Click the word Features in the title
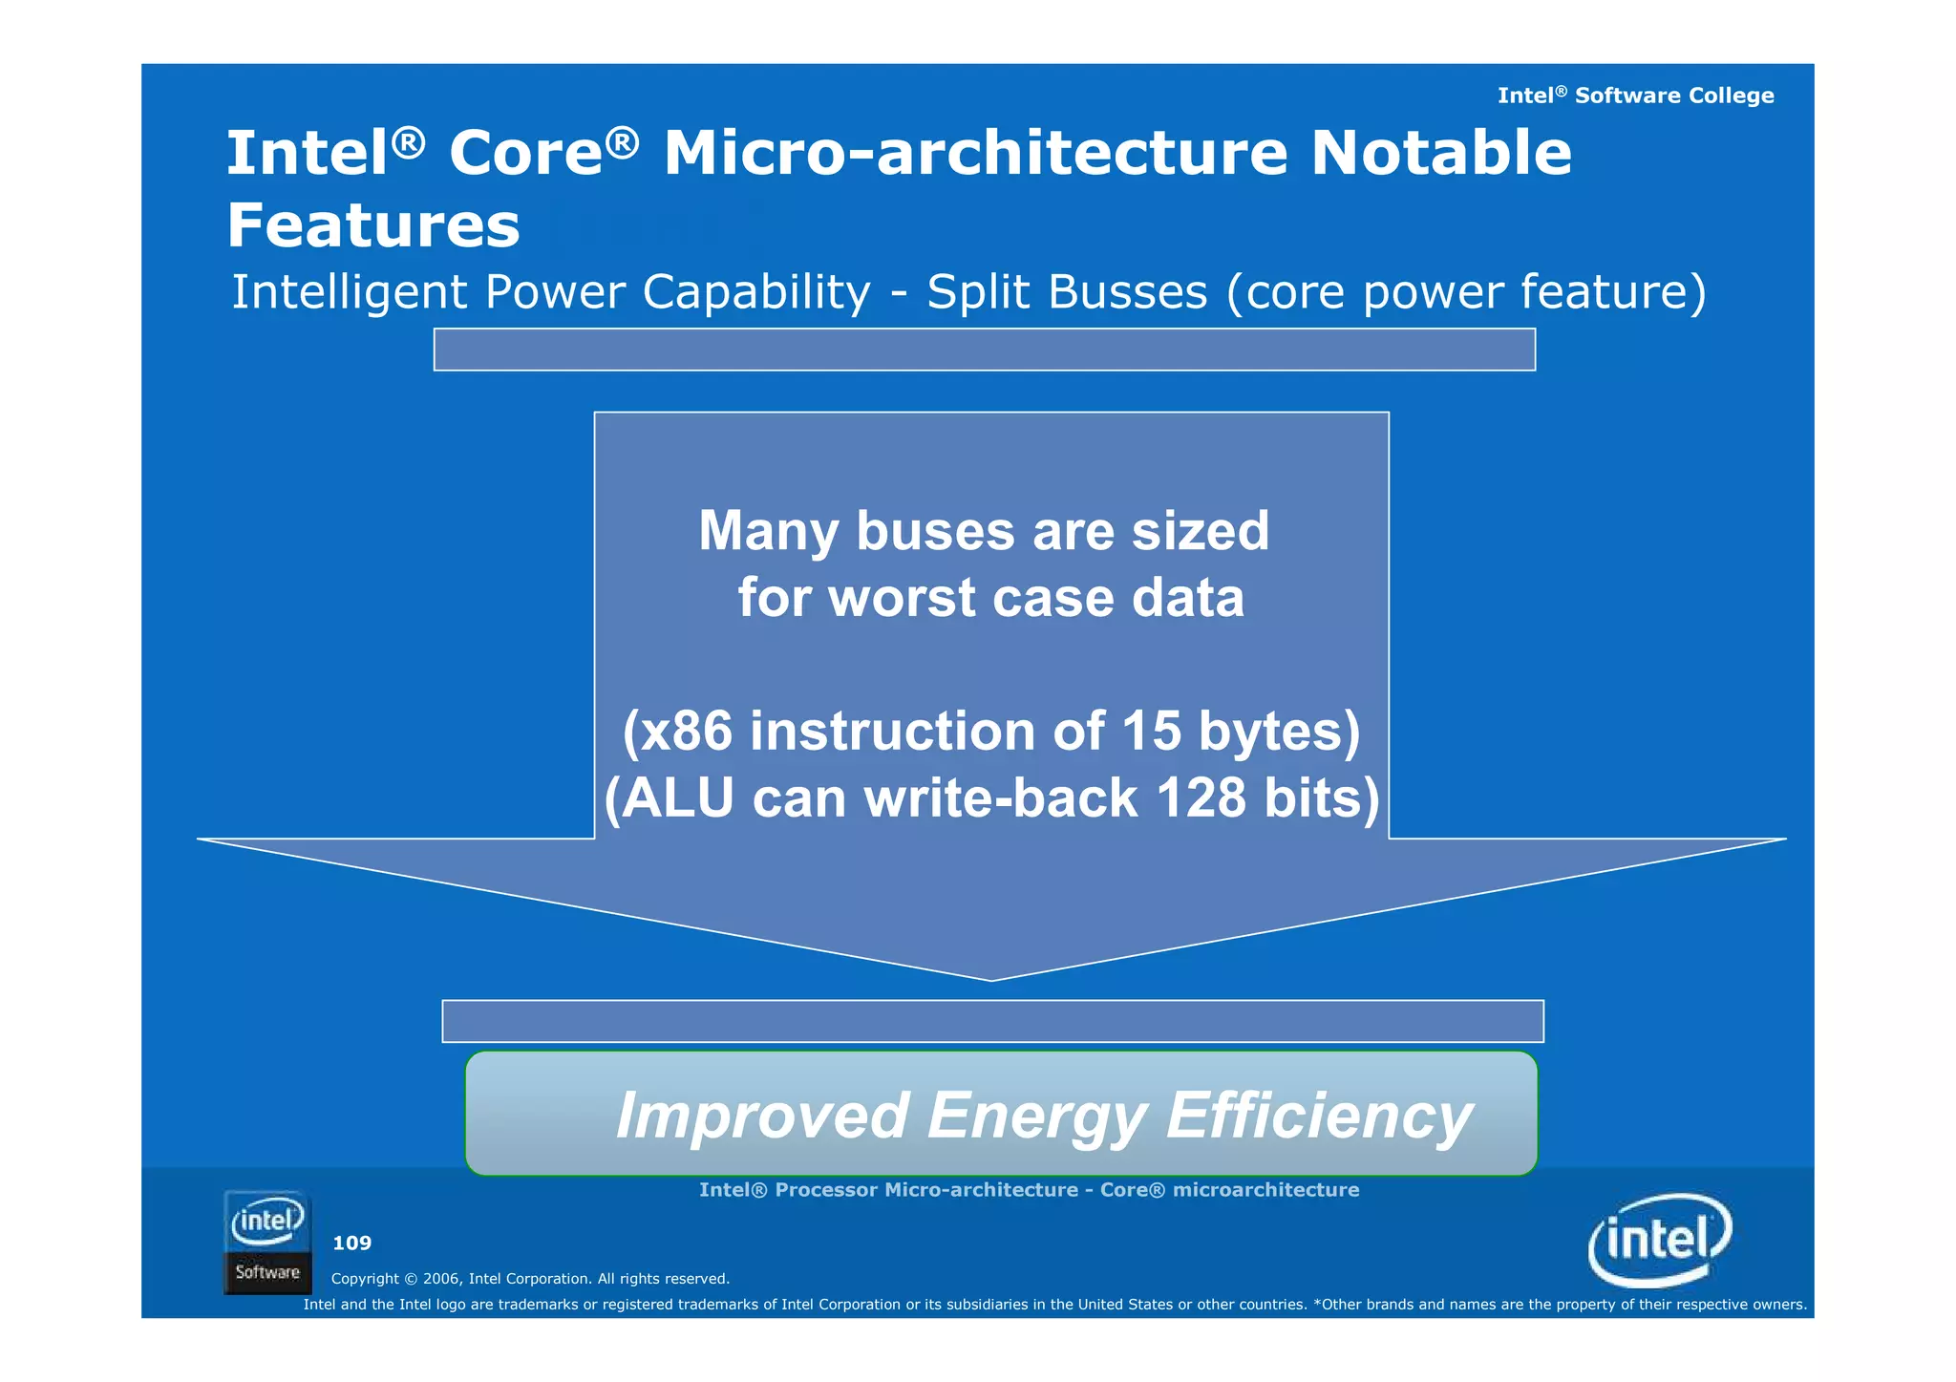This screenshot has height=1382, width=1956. (x=373, y=226)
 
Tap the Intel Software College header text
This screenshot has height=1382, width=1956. (x=1635, y=96)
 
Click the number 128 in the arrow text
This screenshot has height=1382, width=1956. (x=1201, y=798)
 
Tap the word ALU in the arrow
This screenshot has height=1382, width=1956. (x=678, y=798)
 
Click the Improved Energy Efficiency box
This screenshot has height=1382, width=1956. (x=1000, y=1114)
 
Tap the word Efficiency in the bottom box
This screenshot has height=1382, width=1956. (x=1319, y=1116)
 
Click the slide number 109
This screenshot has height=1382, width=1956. (x=351, y=1244)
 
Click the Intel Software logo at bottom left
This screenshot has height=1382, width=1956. (x=267, y=1242)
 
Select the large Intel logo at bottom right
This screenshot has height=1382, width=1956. (x=1659, y=1240)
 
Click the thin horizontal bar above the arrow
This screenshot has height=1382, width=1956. (x=984, y=350)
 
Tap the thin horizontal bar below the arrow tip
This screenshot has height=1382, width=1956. (x=991, y=1021)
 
